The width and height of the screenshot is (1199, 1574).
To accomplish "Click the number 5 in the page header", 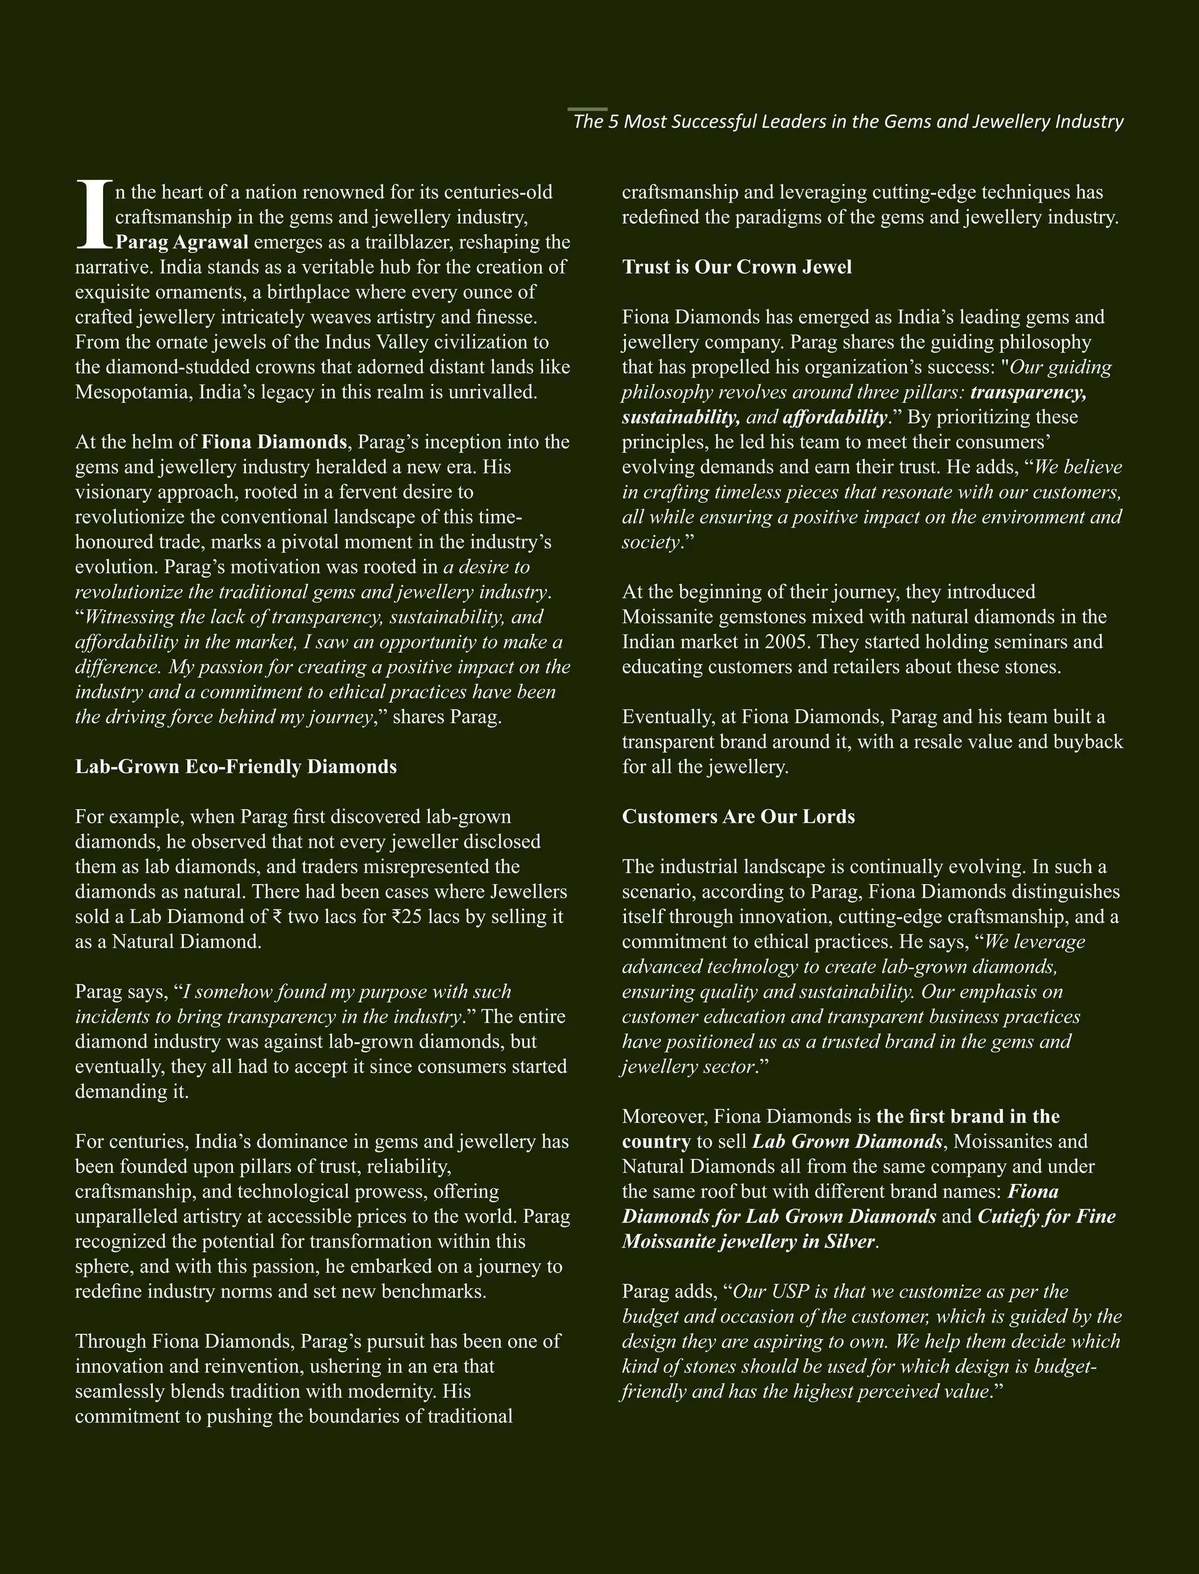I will coord(614,122).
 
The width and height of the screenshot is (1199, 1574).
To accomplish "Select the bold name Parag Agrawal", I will coord(182,242).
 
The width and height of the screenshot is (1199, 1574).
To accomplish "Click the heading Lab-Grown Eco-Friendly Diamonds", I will coord(235,767).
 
